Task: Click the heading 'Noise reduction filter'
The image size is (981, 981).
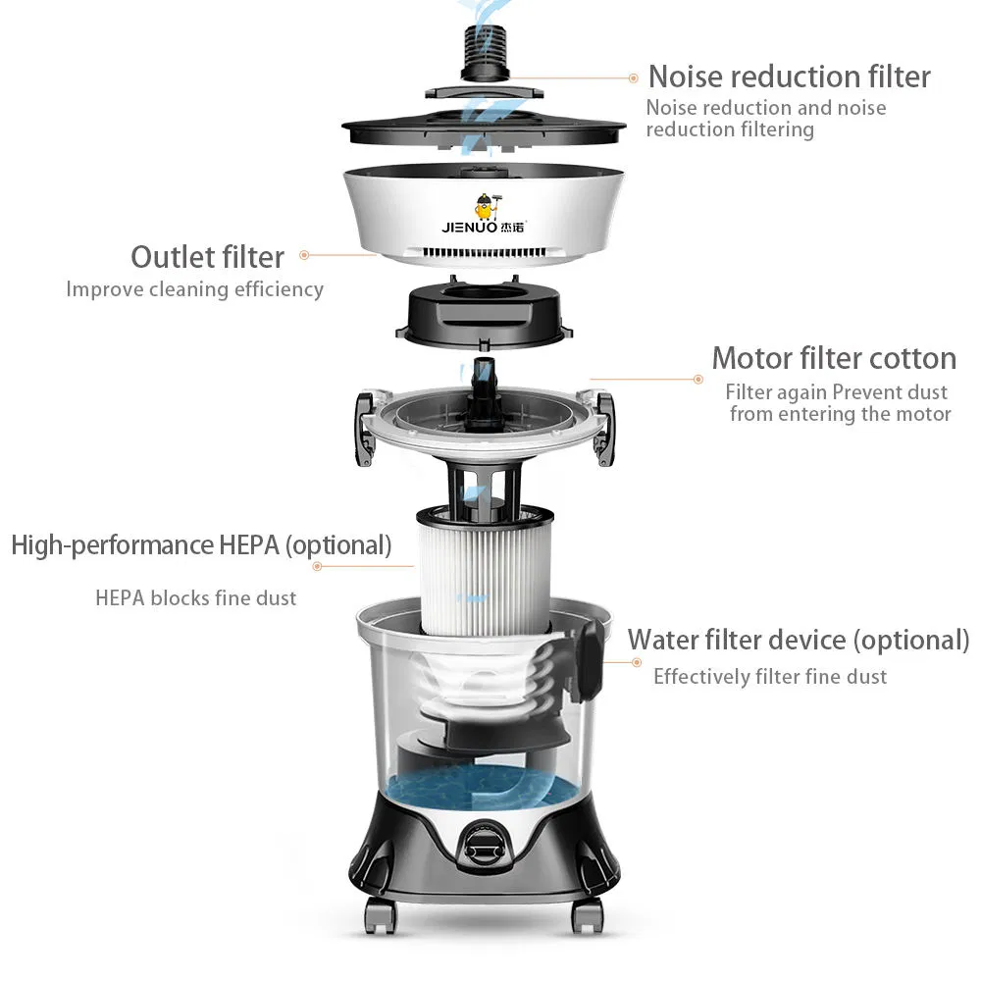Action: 789,77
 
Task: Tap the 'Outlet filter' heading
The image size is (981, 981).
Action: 207,257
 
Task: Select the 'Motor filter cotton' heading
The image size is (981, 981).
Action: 833,358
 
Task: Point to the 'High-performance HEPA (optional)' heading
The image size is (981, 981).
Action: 201,545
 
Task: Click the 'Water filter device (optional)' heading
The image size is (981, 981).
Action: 798,640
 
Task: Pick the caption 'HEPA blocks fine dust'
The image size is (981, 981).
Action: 195,597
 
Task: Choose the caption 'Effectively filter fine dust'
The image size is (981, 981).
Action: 769,676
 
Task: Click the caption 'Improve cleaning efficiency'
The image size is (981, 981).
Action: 194,289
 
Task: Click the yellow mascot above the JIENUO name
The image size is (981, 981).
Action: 484,206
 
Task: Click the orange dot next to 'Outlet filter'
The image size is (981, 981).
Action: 304,255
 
